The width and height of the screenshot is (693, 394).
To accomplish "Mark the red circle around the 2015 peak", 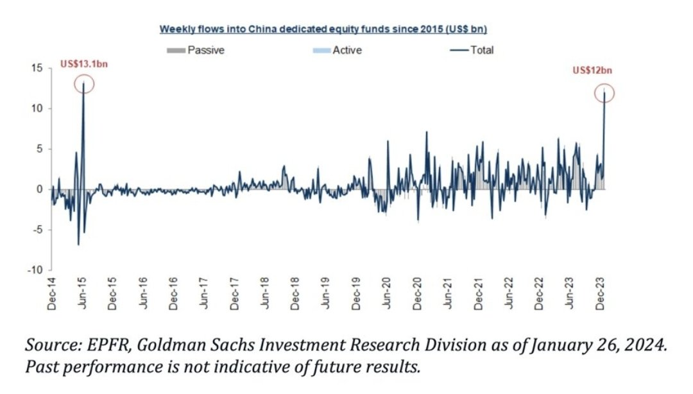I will click(x=84, y=84).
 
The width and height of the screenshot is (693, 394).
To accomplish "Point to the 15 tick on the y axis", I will click(x=38, y=68).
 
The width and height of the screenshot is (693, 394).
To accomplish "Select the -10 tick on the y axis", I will click(x=37, y=270).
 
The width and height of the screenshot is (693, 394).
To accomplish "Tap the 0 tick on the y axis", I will click(x=40, y=189).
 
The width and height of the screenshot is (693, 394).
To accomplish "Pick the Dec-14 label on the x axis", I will click(x=53, y=296).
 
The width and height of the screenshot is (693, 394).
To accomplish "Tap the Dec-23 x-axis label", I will click(x=601, y=296).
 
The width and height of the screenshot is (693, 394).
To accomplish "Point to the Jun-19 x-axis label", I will click(x=326, y=296).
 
